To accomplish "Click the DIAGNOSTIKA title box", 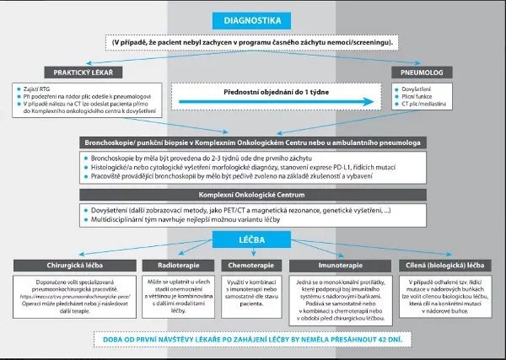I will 252,19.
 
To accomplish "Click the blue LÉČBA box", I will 252,240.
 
